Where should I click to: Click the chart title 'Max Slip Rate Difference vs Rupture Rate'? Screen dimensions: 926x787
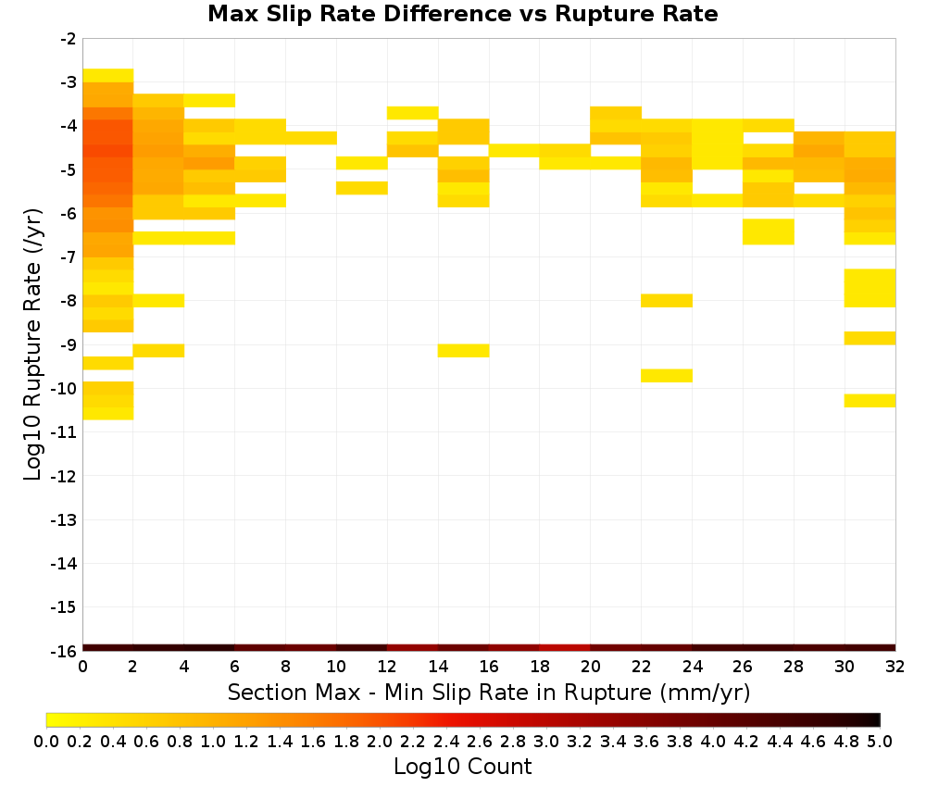click(462, 14)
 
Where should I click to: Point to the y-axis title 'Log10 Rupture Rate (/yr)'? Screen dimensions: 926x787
click(33, 344)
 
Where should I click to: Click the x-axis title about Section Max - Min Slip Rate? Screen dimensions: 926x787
click(488, 693)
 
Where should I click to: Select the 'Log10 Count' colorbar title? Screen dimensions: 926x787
click(462, 767)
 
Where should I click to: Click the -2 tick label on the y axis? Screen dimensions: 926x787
click(69, 39)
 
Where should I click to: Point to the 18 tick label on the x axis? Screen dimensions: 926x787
click(539, 667)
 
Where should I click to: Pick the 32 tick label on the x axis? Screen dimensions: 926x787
click(895, 667)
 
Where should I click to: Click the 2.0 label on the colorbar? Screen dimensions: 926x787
click(380, 741)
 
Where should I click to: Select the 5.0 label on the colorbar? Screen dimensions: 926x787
click(880, 741)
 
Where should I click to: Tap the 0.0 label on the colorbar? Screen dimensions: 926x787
click(46, 741)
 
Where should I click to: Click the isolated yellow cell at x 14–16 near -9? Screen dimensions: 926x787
click(464, 350)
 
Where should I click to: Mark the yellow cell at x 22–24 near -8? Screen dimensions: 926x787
click(667, 301)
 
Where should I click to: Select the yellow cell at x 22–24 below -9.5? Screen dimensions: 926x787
click(667, 376)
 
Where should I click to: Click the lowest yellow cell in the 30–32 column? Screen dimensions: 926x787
click(870, 400)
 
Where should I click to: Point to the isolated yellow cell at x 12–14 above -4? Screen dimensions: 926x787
click(413, 113)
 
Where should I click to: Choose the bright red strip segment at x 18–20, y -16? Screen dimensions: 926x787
click(565, 648)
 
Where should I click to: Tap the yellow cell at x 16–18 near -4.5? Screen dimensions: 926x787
click(514, 151)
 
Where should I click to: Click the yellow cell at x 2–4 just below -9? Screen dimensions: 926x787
click(159, 350)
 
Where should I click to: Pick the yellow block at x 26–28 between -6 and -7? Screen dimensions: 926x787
click(769, 231)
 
